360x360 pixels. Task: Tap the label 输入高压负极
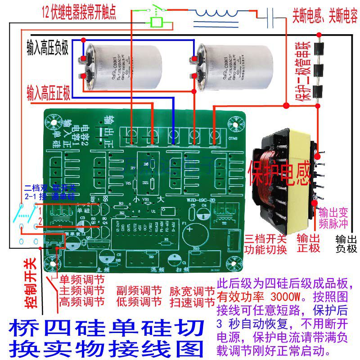(47, 47)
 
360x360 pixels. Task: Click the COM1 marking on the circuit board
(234, 137)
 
